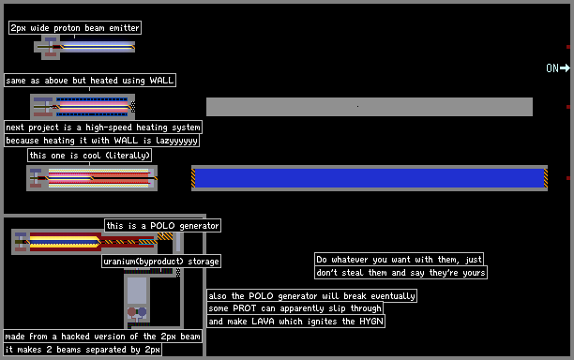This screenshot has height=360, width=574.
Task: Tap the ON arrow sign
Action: pos(558,68)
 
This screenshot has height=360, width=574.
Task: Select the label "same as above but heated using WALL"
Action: pos(90,80)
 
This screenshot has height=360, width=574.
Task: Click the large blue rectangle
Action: pos(370,178)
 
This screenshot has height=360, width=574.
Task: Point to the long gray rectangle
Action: pos(370,107)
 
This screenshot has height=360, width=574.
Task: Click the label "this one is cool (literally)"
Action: pos(90,155)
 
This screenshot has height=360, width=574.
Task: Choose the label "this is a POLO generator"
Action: pos(162,225)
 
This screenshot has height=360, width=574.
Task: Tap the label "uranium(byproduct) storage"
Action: pos(161,262)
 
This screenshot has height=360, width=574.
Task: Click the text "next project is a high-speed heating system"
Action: pos(103,127)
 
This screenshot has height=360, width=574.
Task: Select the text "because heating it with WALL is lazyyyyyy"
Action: pos(101,140)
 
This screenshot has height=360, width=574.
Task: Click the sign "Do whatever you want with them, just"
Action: pos(399,259)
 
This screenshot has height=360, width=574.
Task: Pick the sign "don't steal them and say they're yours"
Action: pos(400,272)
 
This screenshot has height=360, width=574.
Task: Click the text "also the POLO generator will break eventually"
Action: pos(311,295)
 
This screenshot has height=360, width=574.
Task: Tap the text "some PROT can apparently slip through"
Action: pos(295,308)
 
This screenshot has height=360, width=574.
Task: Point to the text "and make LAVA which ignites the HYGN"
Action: pos(295,322)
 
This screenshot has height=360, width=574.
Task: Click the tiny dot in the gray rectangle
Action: pos(357,107)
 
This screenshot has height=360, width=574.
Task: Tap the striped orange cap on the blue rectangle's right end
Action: pos(546,178)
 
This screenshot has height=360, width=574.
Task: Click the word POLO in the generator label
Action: pos(162,225)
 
